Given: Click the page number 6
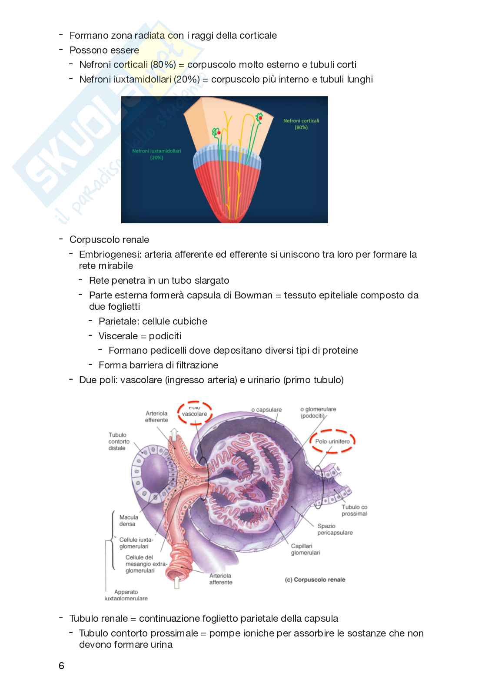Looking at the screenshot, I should coord(61,666).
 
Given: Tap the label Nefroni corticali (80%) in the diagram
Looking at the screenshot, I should coord(301,124).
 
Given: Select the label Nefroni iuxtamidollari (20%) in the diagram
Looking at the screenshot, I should coord(156,154).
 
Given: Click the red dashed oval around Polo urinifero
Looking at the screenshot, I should coord(332,441).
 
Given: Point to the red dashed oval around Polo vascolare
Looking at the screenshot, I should coord(194,411).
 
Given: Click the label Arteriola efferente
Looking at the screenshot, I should coord(156,417).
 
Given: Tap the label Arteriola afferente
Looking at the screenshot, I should coord(221,579).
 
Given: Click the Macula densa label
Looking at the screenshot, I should coord(129,520).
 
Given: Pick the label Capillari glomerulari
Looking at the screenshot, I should coord(306,549).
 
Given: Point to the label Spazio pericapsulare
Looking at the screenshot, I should coord(335,529).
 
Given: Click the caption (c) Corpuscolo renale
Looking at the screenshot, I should coord(315,580).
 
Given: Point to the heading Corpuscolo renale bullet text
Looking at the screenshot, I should coord(109,240).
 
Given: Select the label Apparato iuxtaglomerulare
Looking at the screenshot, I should coord(126,595).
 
